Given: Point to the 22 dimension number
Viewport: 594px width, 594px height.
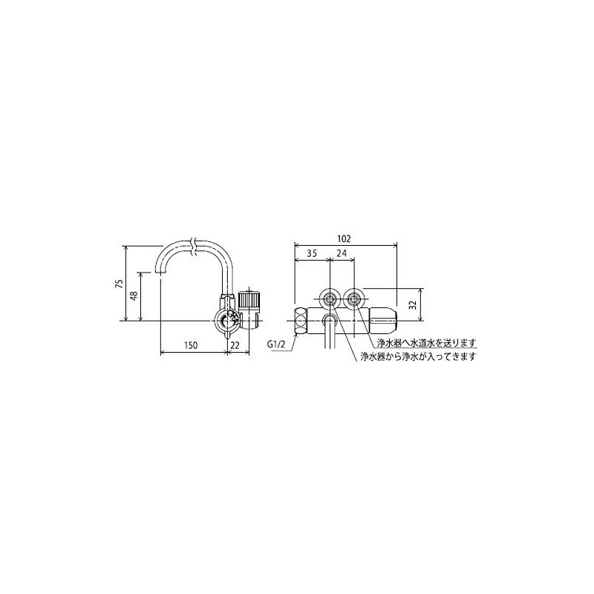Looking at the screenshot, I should coord(234,346).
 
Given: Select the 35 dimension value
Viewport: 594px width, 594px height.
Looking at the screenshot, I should coord(312,253).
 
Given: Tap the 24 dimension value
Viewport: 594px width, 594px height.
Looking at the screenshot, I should coord(342,253).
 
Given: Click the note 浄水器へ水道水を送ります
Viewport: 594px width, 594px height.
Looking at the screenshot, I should coord(424,342).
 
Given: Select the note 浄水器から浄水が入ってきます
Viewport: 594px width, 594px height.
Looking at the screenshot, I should coord(418,356).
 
